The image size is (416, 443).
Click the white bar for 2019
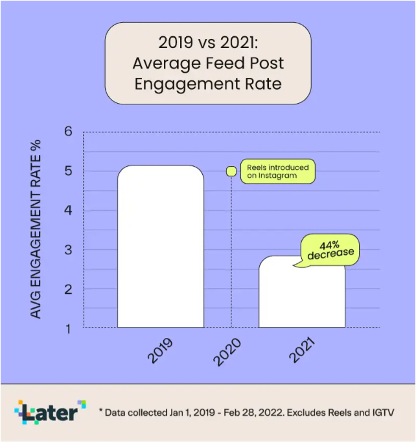coord(161,246)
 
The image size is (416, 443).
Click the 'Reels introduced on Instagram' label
coord(277,171)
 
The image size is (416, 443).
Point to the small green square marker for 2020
coord(231,171)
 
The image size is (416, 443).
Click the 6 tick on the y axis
coord(67,132)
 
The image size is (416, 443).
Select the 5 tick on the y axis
coord(67,171)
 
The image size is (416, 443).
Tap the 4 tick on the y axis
coord(67,211)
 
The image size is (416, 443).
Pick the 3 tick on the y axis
coord(67,250)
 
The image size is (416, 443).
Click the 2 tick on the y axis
coord(67,289)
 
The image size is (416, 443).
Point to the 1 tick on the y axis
coord(67,328)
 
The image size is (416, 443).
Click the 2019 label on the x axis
coord(162,350)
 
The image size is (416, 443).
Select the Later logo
coord(50,412)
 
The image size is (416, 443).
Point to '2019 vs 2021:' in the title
coord(208,43)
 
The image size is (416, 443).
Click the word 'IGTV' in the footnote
coord(380,413)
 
